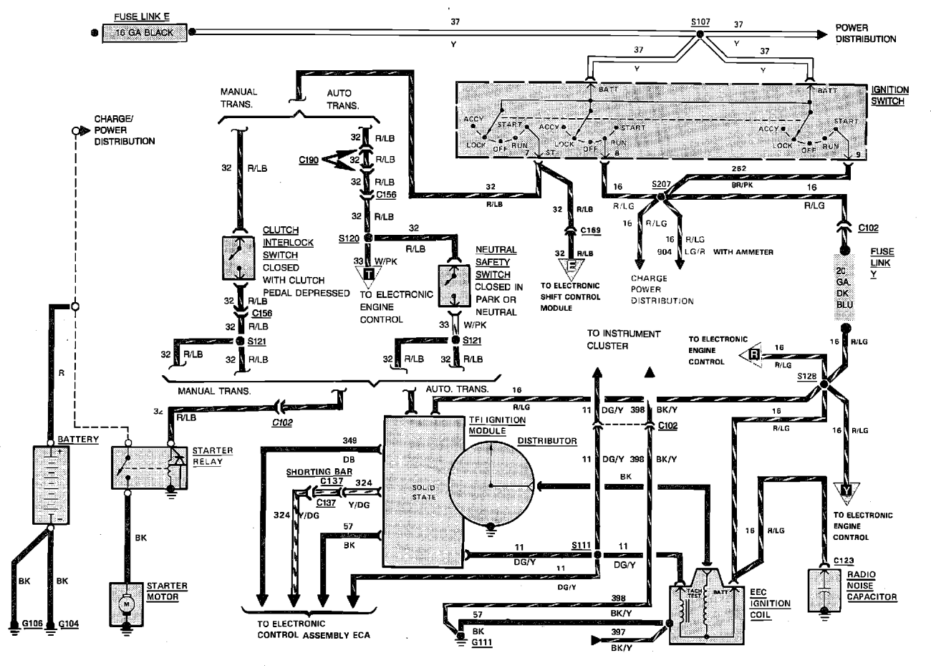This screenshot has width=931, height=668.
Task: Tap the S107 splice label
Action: pos(700,22)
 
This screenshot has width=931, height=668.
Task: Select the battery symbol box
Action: pos(49,485)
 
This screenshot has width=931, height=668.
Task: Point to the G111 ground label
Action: pos(482,643)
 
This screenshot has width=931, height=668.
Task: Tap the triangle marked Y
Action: pos(846,492)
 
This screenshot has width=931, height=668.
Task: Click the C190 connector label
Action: pos(309,160)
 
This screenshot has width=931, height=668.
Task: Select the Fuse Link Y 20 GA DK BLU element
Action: pos(845,287)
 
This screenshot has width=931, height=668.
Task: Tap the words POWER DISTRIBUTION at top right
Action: pos(865,34)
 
